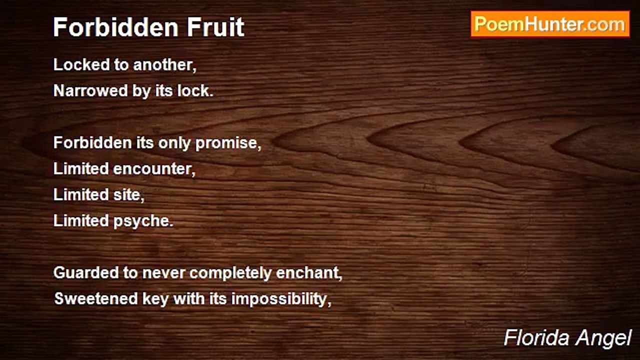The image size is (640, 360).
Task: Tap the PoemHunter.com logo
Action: pos(550,24)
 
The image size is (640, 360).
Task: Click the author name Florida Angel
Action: pos(567,338)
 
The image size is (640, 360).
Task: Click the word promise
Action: pos(228,143)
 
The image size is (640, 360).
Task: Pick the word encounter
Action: pos(154,169)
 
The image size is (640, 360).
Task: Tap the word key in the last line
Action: pos(148,299)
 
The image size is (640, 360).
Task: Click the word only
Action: pos(174,143)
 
